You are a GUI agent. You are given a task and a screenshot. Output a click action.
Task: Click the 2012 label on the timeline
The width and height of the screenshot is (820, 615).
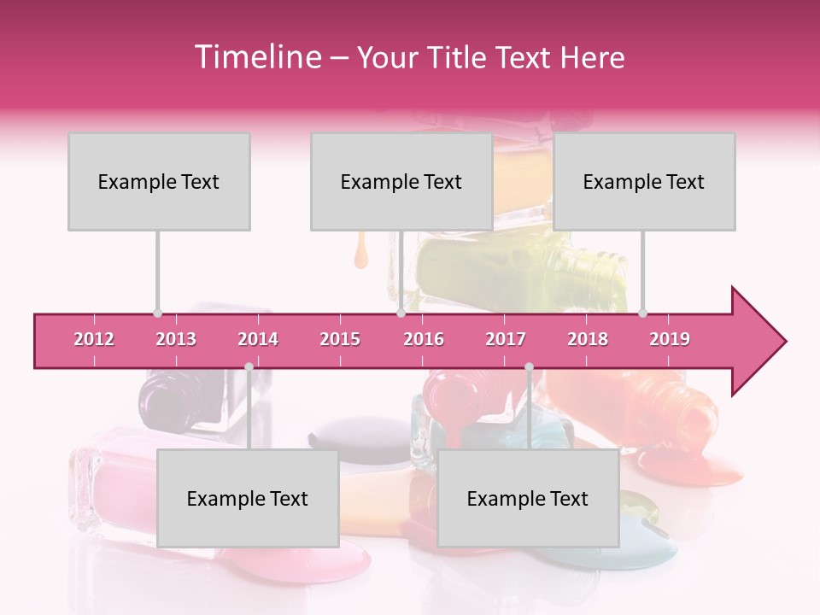tap(94, 339)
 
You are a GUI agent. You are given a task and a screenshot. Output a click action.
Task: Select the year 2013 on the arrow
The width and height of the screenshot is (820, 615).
tap(176, 339)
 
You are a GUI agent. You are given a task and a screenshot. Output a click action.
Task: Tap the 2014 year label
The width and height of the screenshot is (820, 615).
tap(258, 339)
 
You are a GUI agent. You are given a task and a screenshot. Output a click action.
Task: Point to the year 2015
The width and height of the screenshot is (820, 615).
tap(340, 339)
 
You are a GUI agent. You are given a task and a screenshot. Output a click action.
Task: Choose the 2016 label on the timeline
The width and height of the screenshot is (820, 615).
tap(424, 339)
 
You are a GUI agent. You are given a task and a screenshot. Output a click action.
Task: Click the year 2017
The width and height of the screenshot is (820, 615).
tap(506, 339)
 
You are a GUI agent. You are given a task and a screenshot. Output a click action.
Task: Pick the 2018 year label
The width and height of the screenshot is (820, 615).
tap(588, 339)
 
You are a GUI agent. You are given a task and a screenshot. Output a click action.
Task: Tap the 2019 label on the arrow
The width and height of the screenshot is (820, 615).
tap(670, 339)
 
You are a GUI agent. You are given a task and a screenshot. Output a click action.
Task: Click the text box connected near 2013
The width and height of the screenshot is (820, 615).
tap(159, 181)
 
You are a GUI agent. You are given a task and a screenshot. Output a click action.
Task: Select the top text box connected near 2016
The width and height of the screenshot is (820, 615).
tap(401, 181)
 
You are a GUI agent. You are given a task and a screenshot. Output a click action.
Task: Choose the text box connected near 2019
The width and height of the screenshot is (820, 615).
tap(644, 181)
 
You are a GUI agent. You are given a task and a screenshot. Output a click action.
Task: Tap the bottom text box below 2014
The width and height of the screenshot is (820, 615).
tap(248, 498)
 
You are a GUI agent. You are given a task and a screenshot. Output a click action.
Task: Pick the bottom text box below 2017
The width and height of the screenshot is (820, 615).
tap(528, 498)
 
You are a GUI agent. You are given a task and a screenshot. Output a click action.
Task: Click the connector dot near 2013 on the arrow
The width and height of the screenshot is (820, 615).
tap(157, 313)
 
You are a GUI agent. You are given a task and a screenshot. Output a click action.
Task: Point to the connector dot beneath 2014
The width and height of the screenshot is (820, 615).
tap(249, 367)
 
